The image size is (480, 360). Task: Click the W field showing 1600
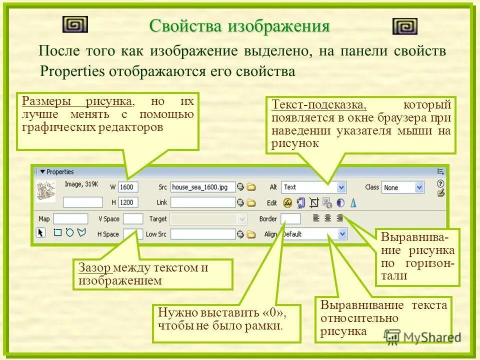click(x=128, y=187)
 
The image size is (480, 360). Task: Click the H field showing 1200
click(x=128, y=202)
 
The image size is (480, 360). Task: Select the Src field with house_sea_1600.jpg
click(x=202, y=187)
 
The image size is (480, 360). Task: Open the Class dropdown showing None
click(x=402, y=187)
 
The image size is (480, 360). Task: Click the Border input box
click(x=290, y=219)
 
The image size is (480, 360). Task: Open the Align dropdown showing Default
click(x=313, y=234)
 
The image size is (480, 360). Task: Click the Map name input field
click(x=70, y=219)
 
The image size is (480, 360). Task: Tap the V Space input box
click(x=133, y=219)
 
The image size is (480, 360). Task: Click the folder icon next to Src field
click(x=251, y=187)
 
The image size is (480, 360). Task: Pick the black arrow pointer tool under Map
click(x=41, y=232)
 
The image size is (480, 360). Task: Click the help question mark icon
click(x=440, y=183)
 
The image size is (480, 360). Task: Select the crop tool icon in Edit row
click(x=314, y=202)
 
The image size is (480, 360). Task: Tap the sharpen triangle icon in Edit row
click(x=353, y=202)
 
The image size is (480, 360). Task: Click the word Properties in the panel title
click(x=60, y=172)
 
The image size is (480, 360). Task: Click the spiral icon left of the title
click(x=75, y=24)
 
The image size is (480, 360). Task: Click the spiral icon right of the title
click(x=404, y=26)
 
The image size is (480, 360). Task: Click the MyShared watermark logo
click(x=422, y=336)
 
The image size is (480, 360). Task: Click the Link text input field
click(x=202, y=202)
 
